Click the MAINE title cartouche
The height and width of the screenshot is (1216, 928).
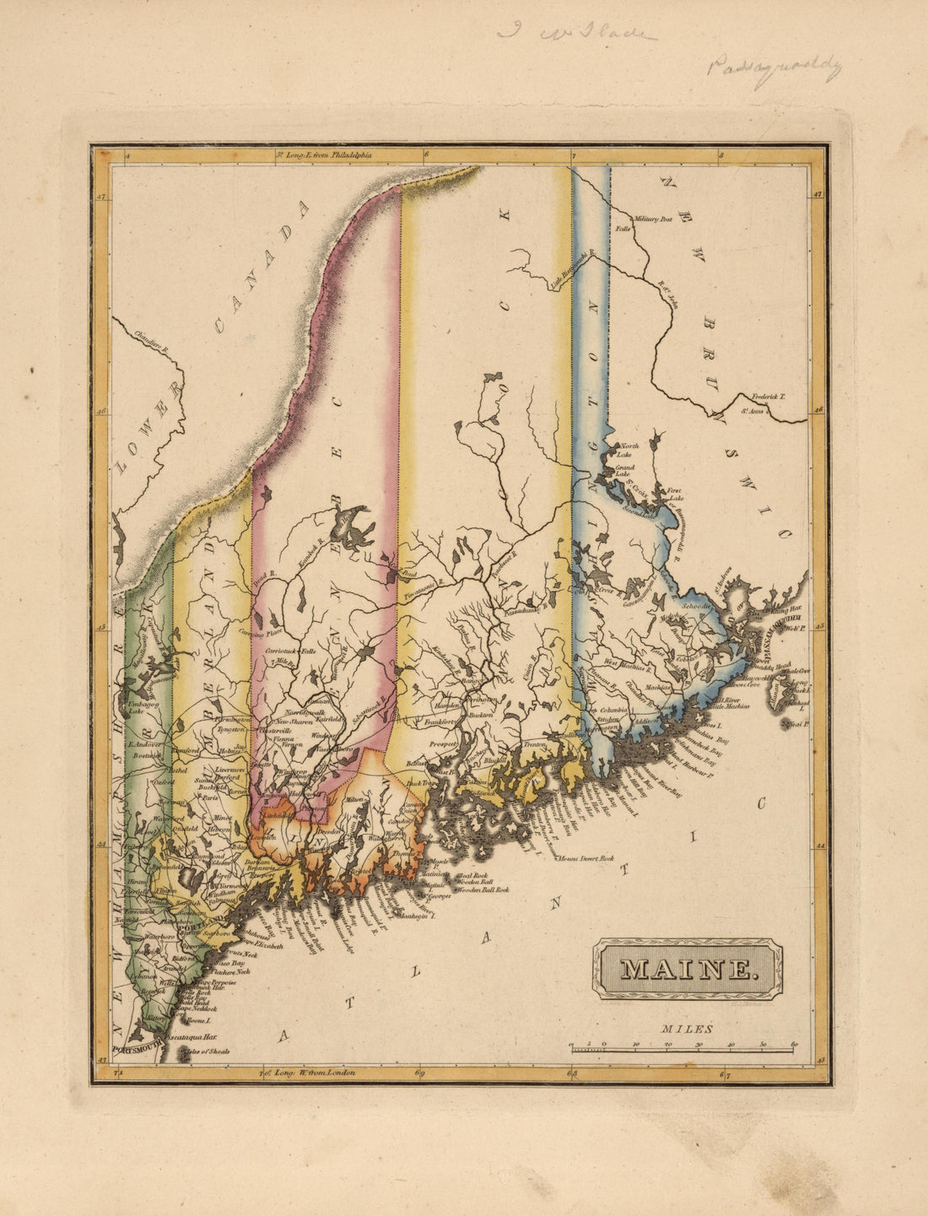click(687, 970)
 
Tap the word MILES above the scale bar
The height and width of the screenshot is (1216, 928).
click(687, 1029)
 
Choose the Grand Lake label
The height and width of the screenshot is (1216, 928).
click(623, 471)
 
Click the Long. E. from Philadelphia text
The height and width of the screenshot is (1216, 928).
click(328, 155)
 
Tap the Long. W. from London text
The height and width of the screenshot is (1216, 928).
click(313, 1073)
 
